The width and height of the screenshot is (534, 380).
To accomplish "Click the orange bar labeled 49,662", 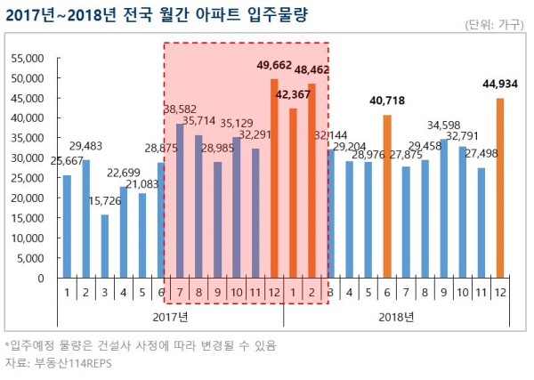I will point(274,178).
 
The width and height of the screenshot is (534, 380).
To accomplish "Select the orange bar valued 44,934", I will point(500,188).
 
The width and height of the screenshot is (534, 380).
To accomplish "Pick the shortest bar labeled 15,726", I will point(105,246).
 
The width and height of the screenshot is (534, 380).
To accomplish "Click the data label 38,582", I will point(182,109).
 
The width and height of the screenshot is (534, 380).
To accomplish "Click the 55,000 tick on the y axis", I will point(27,58).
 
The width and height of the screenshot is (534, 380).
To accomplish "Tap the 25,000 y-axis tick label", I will point(27,178).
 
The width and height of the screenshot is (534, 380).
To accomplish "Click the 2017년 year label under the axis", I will point(170,316).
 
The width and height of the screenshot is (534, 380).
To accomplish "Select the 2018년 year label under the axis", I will point(396,316).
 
